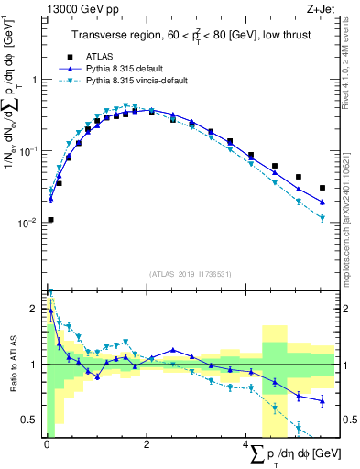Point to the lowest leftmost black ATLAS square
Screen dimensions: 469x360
[x=50, y=220]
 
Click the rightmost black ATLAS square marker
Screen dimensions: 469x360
[x=322, y=188]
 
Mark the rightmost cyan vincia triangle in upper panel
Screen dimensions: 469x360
[x=322, y=218]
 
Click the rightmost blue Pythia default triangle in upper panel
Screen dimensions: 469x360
[x=322, y=202]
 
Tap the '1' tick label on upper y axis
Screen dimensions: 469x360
[x=34, y=80]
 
